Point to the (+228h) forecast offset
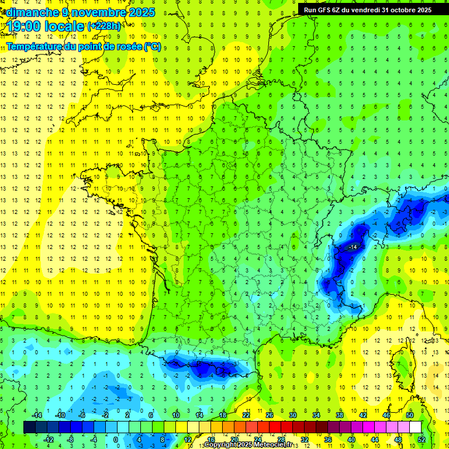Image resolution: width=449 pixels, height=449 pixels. (103, 26)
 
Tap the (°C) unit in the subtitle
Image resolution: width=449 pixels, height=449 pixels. (152, 47)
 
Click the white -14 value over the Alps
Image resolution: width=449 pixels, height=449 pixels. (353, 248)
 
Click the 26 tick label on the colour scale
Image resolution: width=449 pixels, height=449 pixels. (270, 415)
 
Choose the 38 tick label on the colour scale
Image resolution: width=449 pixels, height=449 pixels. (340, 415)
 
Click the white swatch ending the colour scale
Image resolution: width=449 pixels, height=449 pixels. (416, 427)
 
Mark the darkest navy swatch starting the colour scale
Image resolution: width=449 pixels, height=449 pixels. (30, 427)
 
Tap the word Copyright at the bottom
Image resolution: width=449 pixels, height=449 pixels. (220, 445)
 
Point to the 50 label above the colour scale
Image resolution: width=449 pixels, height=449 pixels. (410, 415)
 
